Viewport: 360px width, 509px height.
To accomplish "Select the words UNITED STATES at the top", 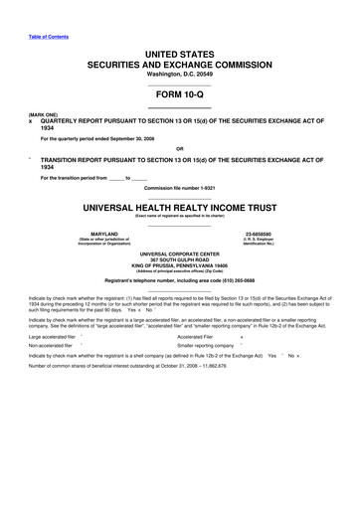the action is tap(179, 50).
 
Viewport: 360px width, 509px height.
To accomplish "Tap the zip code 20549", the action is tap(204, 73).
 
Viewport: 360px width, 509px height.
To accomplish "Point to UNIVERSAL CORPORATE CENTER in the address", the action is tap(179, 254).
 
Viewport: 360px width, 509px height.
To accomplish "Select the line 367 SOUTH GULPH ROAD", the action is tap(179, 260).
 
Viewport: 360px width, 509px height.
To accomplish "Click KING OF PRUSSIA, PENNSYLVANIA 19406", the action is tap(179, 267).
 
